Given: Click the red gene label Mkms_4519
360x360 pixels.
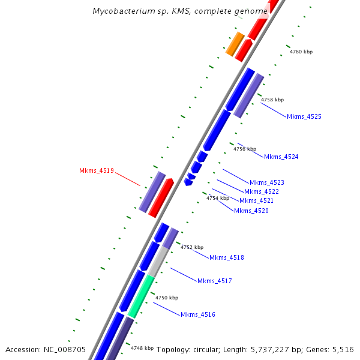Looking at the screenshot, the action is pos(97,170).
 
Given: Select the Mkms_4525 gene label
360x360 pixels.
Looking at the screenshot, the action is pos(304,116).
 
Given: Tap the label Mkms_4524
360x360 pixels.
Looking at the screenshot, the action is pos(281,157).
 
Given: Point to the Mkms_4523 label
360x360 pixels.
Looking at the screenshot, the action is pos(267,182).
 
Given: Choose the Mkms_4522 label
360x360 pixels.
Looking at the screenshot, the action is pos(261,191).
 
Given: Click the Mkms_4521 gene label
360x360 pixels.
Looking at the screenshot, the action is pos(256,200).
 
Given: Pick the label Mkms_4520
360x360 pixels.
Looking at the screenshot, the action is pos(251,211).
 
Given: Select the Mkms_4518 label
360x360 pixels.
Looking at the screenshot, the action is pos(226,257).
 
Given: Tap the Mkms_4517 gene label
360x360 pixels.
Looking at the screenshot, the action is pos(214,281).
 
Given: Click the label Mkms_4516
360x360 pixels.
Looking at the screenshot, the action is pos(197,314).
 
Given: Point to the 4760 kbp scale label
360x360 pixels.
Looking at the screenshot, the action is pos(301,52).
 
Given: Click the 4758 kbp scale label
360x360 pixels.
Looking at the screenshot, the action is pos(272,100).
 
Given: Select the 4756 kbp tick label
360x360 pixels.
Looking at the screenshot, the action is pos(245,149).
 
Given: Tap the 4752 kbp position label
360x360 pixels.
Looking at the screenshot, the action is pos(192,247).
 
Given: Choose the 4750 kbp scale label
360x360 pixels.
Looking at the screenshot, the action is pos(167,298).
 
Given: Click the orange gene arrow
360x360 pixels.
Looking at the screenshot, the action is pos(235,44).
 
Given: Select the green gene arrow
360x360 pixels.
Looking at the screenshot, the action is pos(141,296).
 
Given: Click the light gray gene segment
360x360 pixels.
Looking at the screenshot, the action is pos(158,262).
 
